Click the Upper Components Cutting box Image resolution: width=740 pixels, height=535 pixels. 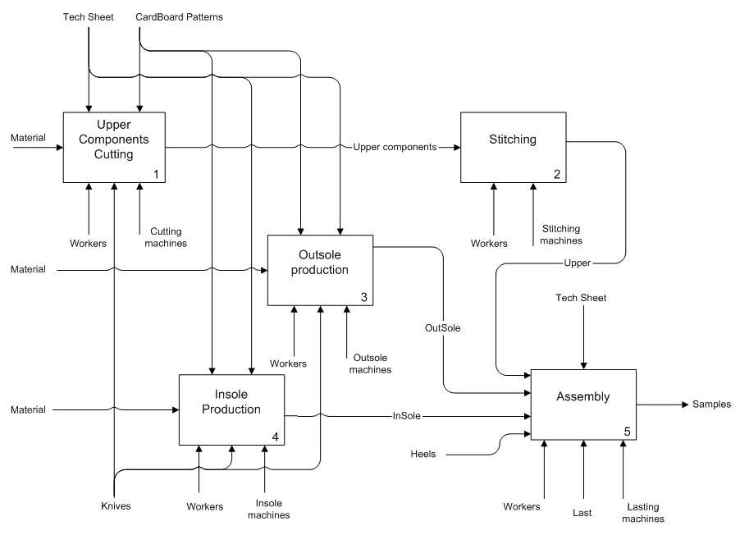115,148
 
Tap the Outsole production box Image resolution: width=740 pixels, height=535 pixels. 320,271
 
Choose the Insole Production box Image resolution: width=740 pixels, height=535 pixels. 232,409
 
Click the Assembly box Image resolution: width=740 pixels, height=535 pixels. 583,405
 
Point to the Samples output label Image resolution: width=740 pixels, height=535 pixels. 711,405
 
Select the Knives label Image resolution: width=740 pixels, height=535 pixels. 114,506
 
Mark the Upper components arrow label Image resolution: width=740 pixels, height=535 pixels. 395,149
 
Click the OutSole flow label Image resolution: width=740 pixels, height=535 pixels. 442,328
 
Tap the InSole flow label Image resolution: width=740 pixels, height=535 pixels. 407,416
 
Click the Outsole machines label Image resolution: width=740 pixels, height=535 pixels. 372,364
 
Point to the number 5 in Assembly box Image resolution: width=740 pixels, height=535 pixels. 628,430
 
